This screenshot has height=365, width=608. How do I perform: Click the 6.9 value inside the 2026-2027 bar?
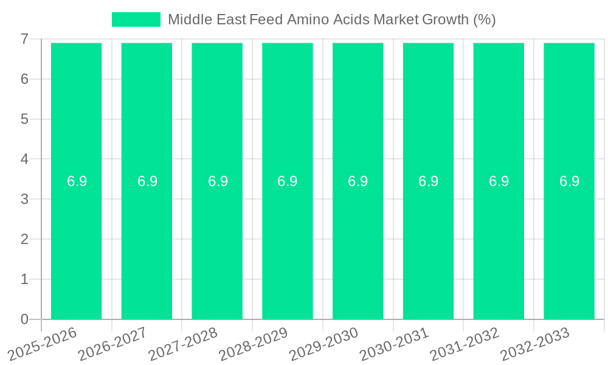147,181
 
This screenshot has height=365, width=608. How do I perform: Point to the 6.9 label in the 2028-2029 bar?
288,181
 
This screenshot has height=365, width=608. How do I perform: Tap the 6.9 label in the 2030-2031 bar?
428,181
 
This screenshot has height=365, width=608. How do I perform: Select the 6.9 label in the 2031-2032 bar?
499,181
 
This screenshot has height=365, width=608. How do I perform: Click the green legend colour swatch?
136,19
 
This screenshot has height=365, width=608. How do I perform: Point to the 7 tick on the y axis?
24,39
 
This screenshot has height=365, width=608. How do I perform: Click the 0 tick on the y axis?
24,319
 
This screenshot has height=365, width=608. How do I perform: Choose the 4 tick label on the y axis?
24,159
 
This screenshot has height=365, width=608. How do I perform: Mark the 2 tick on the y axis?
24,239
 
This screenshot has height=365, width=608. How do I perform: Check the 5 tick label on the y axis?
24,119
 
